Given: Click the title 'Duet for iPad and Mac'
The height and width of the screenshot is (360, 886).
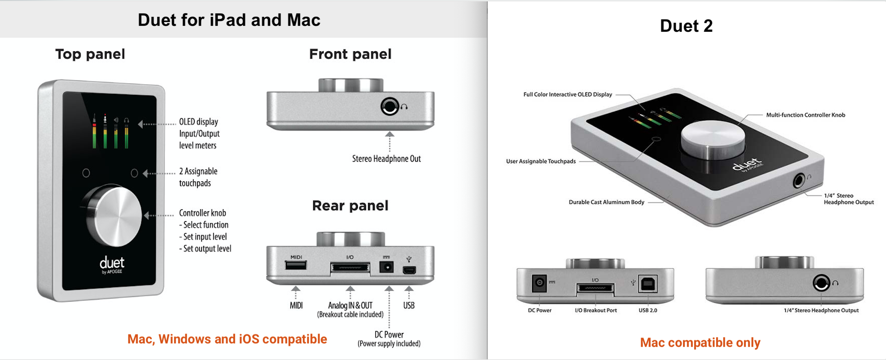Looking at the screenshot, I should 229,20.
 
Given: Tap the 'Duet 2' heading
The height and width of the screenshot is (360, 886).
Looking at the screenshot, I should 686,26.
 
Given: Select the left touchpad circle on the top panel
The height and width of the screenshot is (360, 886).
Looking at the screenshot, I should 86,173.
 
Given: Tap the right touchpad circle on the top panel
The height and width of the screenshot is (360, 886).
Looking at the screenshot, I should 134,173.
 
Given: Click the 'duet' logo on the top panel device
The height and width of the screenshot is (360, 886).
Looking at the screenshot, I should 112,263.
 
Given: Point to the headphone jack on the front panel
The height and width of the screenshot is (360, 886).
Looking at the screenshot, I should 389,106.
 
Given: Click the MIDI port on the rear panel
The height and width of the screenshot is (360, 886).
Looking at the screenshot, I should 296,266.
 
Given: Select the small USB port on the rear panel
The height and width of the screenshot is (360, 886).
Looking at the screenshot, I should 409,270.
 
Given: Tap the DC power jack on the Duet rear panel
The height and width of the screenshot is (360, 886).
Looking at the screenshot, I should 386,268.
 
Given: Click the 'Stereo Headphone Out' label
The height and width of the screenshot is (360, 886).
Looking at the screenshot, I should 386,159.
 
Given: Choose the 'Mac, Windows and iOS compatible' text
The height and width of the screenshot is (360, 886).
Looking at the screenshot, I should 227,339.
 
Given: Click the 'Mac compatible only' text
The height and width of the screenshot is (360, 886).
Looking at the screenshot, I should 700,343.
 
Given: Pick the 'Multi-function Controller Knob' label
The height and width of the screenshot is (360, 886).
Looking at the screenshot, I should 805,115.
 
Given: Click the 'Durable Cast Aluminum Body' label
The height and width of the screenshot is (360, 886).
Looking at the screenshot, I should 606,202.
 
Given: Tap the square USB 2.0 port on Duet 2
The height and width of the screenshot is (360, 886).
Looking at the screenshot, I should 648,284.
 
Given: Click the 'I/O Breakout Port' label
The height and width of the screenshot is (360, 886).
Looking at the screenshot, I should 596,310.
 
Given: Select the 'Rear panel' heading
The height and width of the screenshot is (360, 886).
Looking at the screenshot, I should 350,206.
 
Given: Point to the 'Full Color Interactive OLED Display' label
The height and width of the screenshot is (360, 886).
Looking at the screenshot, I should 568,95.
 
